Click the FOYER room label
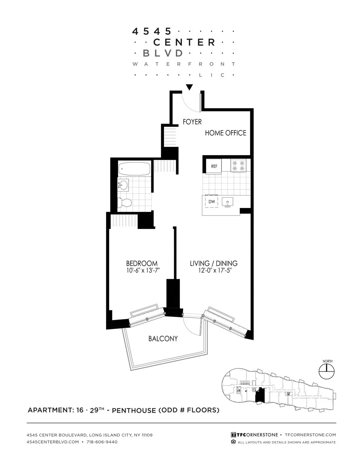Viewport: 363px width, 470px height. point(192,122)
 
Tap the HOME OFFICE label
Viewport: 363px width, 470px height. point(225,133)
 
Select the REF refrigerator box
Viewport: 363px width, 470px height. point(214,166)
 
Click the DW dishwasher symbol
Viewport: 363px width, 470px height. point(212,202)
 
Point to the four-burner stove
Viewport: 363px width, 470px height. point(238,166)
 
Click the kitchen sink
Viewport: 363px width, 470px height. point(227,202)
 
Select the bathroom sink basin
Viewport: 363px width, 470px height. point(124,184)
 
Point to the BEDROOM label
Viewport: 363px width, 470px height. point(142,263)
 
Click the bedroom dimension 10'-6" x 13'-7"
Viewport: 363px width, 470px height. point(143,271)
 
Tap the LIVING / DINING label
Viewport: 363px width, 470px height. point(214,263)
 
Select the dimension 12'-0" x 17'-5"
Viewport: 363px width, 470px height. point(215,271)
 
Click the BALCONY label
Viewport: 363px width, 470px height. point(163,339)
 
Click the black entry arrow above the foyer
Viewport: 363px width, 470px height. point(189,87)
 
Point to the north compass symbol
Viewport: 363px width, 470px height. point(327,371)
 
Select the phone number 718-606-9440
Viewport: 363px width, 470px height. point(102,442)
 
